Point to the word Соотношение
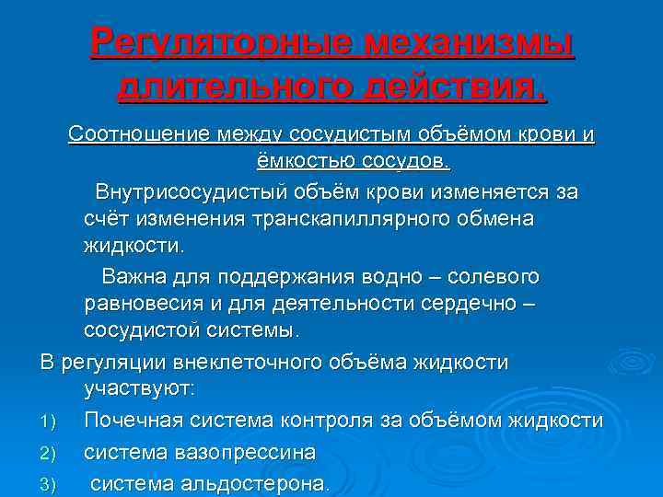[139, 135]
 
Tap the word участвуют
[139, 389]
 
